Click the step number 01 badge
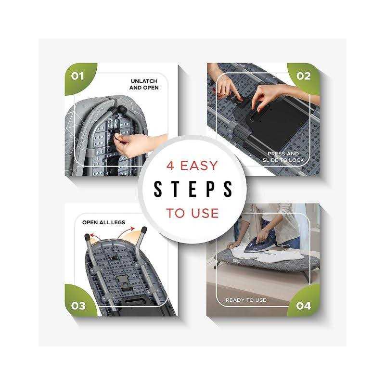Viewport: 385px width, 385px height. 77,76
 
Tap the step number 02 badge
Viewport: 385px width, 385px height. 304,76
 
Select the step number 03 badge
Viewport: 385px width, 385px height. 78,306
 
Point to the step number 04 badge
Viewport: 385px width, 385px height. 304,306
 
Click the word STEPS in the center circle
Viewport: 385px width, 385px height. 193,189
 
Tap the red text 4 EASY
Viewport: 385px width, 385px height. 192,166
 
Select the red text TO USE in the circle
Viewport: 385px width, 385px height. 192,213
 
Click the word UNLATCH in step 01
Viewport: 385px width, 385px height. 144,81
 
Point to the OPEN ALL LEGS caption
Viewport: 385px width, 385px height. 103,222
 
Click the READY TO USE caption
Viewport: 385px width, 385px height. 246,300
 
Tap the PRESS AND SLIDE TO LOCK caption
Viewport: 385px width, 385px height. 283,157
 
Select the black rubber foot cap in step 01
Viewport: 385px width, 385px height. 122,109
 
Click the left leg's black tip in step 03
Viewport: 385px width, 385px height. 87,237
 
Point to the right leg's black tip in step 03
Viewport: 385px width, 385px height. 144,230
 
